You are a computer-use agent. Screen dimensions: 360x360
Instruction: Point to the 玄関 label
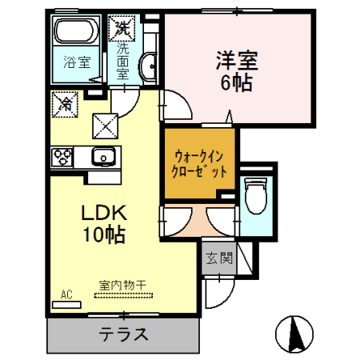(x=217, y=258)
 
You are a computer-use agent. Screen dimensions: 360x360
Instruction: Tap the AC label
(x=67, y=295)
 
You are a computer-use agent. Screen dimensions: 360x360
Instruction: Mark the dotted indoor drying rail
(x=117, y=294)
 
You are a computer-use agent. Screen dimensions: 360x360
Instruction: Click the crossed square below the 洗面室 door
(x=106, y=124)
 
